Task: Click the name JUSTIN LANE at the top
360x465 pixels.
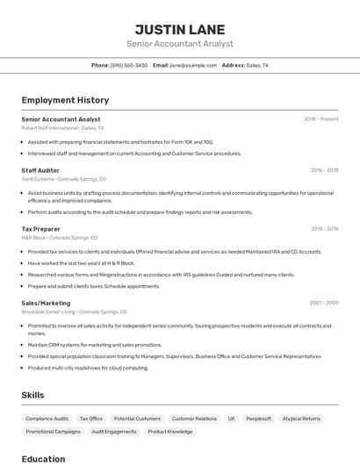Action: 179,29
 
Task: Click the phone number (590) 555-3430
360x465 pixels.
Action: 129,65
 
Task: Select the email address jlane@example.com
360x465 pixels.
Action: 192,65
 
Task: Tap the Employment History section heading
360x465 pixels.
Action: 65,100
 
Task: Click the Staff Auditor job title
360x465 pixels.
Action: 40,170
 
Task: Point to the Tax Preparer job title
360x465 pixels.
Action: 41,229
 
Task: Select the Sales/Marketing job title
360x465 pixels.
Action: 46,303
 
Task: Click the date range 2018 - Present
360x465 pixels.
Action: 320,119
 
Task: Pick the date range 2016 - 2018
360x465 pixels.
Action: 324,170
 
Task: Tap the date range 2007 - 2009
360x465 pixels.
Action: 324,303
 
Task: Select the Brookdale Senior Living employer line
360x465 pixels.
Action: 74,311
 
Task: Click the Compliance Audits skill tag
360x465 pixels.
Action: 47,418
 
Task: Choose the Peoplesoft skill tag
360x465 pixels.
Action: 258,418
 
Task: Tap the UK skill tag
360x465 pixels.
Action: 232,418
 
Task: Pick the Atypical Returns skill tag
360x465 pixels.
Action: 301,418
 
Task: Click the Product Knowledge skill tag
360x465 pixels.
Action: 169,432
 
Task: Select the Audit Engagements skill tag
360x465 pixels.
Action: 114,432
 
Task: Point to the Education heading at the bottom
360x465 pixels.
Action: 43,459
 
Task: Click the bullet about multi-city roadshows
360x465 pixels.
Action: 88,368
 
